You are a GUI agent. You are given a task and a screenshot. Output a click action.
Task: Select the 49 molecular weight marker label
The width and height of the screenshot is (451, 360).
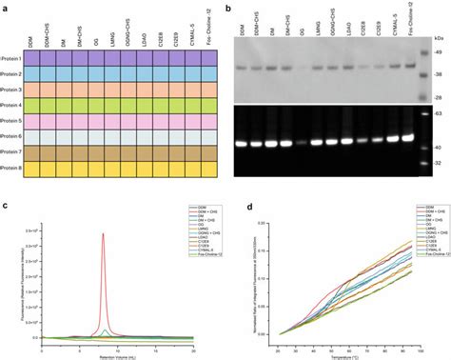pos(426,51)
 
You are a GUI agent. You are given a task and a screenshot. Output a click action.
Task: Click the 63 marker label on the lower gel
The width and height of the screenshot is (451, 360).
pos(426,111)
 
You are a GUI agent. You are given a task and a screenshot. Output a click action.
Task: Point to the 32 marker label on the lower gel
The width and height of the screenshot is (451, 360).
pos(426,163)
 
